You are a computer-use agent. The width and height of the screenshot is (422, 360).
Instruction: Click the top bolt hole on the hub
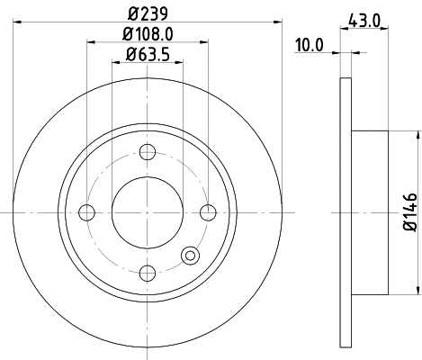148,151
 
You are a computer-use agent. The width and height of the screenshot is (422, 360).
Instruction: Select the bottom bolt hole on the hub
148,272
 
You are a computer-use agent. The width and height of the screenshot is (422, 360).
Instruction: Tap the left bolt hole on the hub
87,211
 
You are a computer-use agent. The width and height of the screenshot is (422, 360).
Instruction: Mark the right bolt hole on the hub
208,211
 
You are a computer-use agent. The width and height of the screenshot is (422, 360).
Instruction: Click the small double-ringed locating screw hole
190,256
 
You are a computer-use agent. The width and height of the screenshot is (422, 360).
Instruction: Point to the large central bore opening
148,211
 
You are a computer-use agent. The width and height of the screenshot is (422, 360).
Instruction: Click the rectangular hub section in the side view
369,211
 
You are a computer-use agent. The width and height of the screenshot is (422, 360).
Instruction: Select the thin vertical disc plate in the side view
345,211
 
